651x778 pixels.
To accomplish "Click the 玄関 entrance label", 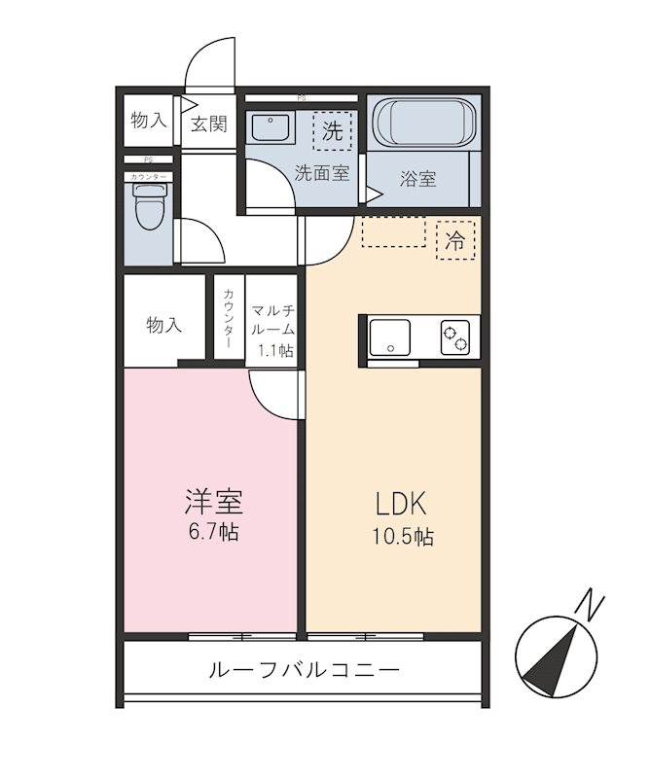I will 208,124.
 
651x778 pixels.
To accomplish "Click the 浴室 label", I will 418,179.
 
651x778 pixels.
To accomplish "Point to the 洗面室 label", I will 322,172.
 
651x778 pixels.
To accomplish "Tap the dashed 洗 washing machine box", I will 333,132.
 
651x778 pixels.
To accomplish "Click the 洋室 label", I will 213,502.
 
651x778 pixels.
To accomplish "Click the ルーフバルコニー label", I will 304,670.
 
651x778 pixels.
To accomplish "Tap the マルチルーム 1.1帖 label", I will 272,331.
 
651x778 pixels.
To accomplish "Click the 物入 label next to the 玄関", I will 149,121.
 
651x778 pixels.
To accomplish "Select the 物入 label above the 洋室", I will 163,325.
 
